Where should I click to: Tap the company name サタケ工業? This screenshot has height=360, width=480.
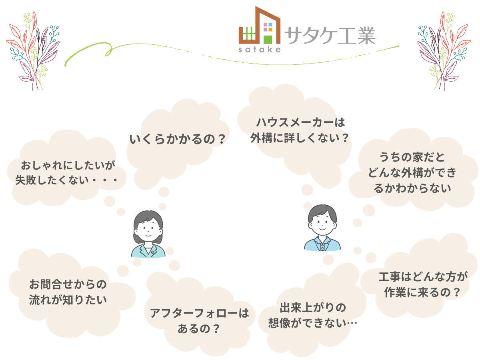pyautogui.click(x=330, y=35)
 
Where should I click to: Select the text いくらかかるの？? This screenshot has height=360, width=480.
pyautogui.click(x=178, y=139)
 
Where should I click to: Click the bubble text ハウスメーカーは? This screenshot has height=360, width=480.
pyautogui.click(x=300, y=122)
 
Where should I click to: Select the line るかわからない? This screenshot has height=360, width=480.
pyautogui.click(x=412, y=188)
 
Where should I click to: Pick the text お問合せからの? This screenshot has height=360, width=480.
pyautogui.click(x=68, y=284)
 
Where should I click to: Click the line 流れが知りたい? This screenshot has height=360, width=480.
pyautogui.click(x=68, y=300)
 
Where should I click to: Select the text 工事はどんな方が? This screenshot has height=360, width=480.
pyautogui.click(x=423, y=276)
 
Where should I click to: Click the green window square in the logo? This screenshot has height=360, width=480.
pyautogui.click(x=268, y=39)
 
